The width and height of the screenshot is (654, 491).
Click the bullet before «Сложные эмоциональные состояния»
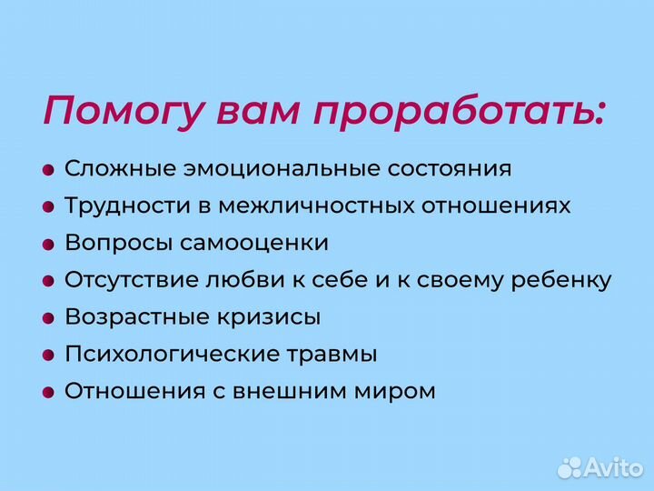(49, 170)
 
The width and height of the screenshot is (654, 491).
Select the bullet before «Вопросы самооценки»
(49, 245)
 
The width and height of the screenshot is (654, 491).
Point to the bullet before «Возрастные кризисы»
(49, 319)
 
